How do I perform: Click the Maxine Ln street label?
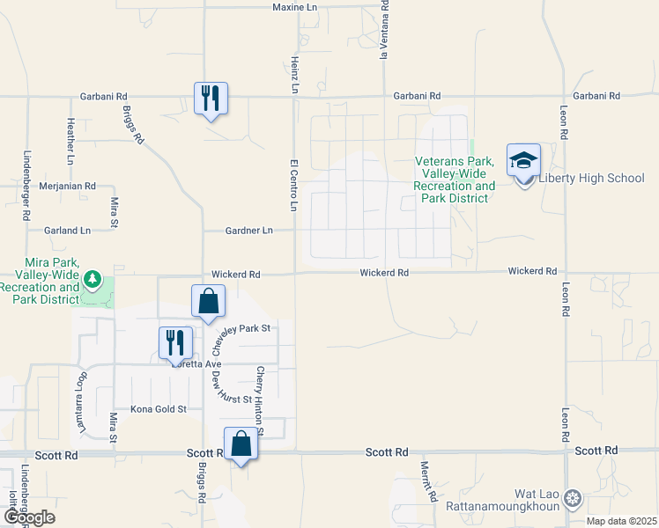click(294, 7)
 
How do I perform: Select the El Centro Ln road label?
click(294, 185)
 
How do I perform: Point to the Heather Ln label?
click(70, 142)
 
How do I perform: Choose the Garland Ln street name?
click(68, 231)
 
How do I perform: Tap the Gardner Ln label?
click(248, 231)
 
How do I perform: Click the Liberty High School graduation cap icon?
click(523, 160)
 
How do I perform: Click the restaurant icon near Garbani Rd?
click(211, 97)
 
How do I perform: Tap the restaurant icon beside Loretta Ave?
click(175, 342)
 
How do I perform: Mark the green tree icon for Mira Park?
click(93, 281)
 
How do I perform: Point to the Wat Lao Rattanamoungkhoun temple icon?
click(573, 498)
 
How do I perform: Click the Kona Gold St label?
click(159, 409)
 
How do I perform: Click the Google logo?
click(28, 517)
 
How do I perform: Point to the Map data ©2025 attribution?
click(621, 521)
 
